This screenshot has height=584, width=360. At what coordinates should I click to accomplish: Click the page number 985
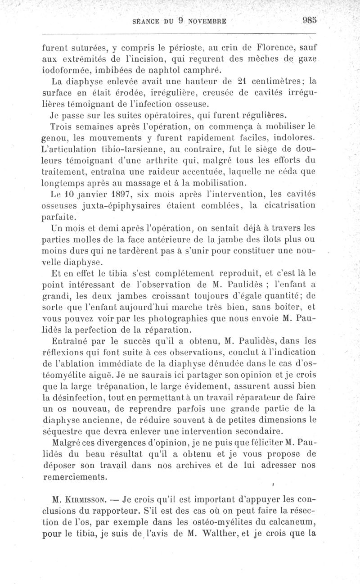pos(310,20)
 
